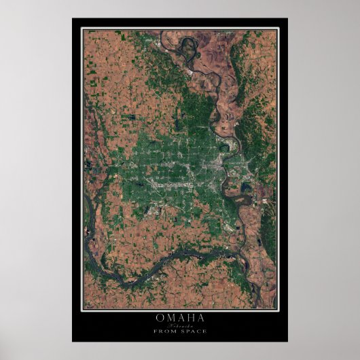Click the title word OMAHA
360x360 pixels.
click(x=179, y=317)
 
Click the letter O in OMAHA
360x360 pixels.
click(x=160, y=317)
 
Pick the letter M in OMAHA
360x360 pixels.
click(x=170, y=317)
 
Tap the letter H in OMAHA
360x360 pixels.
click(x=190, y=317)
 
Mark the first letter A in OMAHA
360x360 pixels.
click(x=180, y=317)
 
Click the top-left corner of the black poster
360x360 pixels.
click(x=73, y=18)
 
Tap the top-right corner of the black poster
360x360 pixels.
click(x=287, y=18)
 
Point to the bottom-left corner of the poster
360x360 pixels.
click(x=73, y=341)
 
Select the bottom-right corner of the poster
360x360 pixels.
click(x=287, y=341)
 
